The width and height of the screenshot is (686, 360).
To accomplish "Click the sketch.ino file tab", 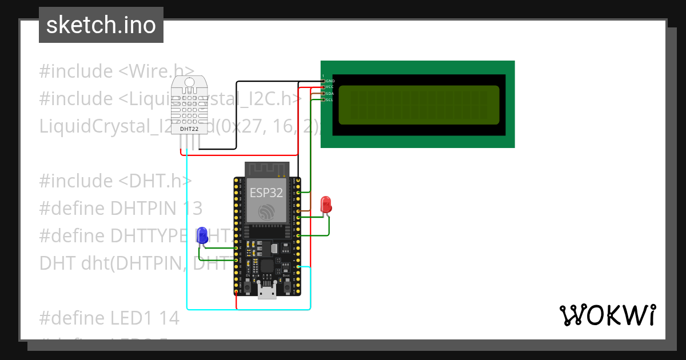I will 101,25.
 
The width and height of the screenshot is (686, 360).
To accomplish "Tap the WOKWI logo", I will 607,315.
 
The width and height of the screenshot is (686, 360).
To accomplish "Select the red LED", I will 326,205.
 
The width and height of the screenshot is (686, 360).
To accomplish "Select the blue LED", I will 202,235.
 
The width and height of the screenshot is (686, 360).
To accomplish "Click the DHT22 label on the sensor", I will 189,129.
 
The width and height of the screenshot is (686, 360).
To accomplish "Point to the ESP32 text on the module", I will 265,193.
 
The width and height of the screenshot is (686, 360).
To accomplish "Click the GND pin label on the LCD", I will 330,81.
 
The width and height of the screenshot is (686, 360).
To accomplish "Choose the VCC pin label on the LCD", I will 330,87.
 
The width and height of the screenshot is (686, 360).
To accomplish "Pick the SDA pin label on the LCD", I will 330,93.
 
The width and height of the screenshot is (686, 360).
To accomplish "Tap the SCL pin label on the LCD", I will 330,99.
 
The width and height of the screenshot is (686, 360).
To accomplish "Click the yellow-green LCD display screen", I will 418,105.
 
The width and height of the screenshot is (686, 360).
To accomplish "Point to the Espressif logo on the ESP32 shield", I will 265,211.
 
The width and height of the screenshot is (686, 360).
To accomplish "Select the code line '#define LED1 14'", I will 109,318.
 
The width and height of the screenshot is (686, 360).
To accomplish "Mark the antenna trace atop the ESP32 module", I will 268,169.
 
